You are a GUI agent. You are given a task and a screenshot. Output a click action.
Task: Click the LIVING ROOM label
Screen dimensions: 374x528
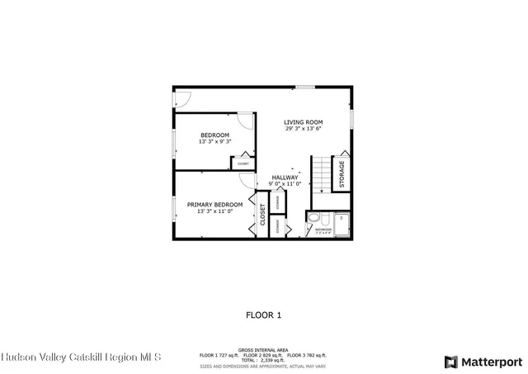pos(303,122)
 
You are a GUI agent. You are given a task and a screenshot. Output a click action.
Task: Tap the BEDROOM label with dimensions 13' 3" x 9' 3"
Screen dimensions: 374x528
pos(214,135)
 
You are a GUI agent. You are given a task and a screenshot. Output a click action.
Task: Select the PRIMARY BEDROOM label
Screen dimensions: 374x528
pos(214,204)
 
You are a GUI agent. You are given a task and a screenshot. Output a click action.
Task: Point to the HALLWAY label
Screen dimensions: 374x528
pos(285,178)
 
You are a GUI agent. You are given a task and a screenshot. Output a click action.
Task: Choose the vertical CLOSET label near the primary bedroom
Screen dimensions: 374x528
pos(263,215)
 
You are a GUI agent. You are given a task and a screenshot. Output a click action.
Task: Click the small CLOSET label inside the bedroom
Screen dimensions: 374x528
pos(243,163)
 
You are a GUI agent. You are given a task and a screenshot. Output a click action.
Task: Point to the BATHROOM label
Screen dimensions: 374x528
pos(323,230)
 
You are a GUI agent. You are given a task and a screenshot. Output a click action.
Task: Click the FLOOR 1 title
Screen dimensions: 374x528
pos(264,315)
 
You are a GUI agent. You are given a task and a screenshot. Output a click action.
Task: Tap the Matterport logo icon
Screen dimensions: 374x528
pos(450,362)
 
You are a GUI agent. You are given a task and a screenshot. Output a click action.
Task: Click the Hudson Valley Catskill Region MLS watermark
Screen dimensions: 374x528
pos(81,357)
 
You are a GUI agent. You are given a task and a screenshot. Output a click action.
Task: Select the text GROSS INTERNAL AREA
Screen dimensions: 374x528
pos(263,349)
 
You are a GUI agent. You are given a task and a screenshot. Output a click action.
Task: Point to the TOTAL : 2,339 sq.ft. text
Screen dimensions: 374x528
pos(263,360)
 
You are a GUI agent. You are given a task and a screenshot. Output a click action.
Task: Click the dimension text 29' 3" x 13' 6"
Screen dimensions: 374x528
pos(303,129)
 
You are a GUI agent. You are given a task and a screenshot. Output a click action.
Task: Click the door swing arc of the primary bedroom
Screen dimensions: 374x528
pos(246,181)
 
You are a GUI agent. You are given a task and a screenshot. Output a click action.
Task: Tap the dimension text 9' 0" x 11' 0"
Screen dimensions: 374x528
pos(285,184)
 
